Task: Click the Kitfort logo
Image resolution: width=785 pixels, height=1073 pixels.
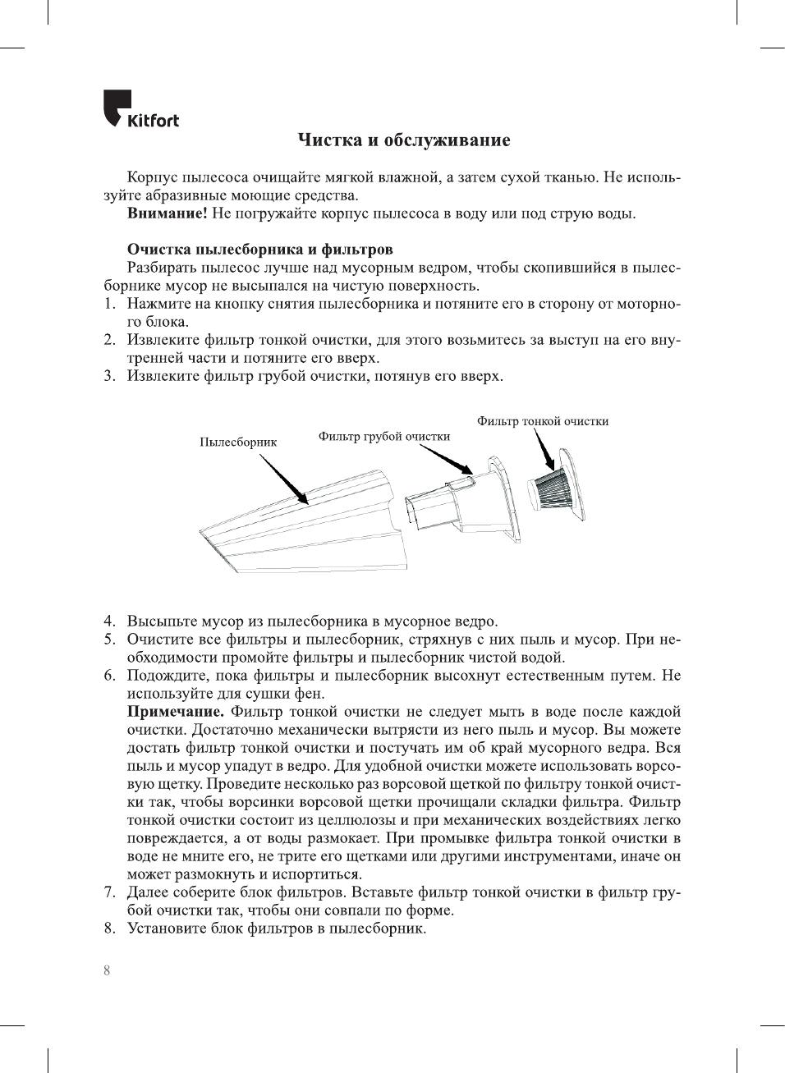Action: tap(140, 109)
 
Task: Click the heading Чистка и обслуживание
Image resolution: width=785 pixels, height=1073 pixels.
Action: tap(403, 140)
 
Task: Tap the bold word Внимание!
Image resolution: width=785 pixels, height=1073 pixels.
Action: tap(167, 213)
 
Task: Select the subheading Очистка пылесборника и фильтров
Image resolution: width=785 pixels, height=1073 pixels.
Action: tap(259, 250)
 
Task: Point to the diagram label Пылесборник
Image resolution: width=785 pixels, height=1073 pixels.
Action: tap(238, 442)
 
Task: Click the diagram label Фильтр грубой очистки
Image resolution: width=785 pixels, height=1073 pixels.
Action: tap(384, 437)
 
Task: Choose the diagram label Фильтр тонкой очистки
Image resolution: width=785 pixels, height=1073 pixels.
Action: tap(543, 421)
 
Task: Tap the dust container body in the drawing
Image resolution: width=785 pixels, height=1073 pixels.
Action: tap(312, 525)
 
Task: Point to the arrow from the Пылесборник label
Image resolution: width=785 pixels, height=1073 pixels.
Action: tap(284, 479)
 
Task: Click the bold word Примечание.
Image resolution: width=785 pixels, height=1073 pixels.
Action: tap(175, 712)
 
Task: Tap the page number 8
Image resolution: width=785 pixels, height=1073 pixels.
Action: tap(107, 970)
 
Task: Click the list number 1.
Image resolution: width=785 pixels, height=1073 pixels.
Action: tap(108, 304)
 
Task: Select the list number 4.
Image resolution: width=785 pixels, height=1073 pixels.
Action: tap(108, 621)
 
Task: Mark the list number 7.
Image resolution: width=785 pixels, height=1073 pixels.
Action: tap(108, 892)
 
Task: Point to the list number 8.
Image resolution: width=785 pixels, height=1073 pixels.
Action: tap(108, 929)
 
